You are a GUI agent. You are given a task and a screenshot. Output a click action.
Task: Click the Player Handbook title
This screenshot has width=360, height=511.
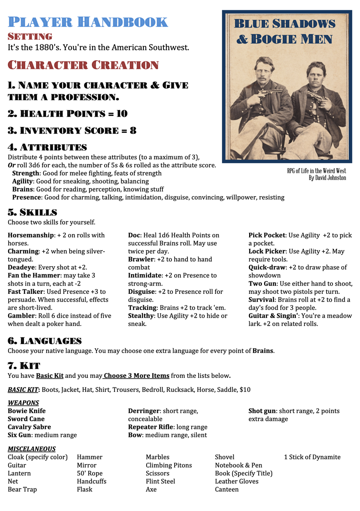(88, 22)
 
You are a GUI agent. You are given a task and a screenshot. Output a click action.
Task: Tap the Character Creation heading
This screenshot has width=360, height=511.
(83, 65)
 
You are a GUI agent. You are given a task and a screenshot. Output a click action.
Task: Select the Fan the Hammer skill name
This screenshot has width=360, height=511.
(33, 275)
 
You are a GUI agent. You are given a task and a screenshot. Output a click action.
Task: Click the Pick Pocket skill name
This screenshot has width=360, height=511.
(266, 235)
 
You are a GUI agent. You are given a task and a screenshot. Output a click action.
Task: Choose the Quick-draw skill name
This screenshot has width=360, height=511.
(266, 267)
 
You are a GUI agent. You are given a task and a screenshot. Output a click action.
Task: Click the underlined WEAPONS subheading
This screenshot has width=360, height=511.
(23, 403)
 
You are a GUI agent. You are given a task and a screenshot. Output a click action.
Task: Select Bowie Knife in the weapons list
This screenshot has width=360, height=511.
(27, 411)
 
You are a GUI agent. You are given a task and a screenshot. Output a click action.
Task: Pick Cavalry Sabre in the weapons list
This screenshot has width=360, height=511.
(29, 427)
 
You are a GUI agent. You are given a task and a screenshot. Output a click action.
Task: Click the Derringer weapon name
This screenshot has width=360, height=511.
(144, 411)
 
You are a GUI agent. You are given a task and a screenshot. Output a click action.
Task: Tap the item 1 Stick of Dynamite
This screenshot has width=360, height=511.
(312, 457)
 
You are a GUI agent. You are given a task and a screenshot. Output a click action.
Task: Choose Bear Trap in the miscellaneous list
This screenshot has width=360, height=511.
(22, 489)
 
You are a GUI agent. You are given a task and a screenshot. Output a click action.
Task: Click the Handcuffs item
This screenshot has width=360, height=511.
(91, 481)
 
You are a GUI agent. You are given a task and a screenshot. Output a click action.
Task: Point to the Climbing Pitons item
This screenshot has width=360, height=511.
(168, 465)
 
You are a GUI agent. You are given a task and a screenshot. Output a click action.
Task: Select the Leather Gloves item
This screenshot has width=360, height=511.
(236, 481)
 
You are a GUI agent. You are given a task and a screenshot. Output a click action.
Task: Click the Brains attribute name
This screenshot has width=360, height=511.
(23, 189)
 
